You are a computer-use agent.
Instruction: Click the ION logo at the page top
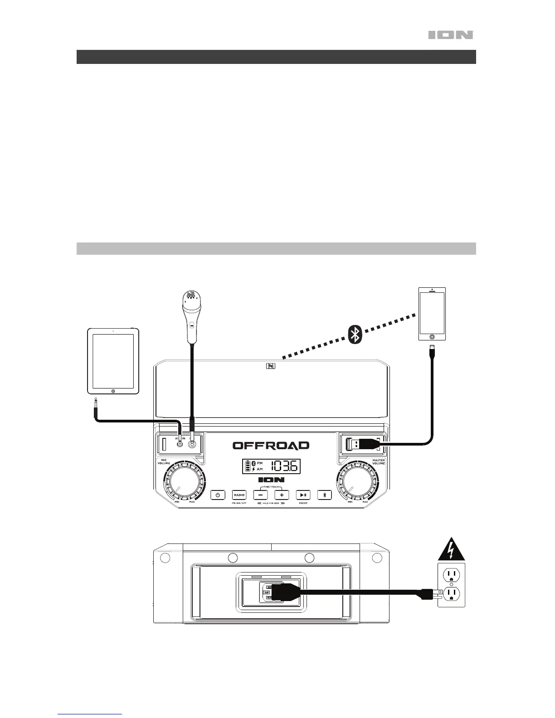pos(451,35)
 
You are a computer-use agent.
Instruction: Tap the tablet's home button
pos(113,390)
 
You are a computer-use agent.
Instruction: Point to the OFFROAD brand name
pos(271,446)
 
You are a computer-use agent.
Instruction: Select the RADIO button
pos(239,495)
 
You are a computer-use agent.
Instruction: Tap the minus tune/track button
pos(260,495)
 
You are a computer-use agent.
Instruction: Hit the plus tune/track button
pos(282,495)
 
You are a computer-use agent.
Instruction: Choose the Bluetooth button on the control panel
pos(324,495)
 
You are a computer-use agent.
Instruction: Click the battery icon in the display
pos(248,466)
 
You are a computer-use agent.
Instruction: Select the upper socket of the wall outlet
pos(451,575)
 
